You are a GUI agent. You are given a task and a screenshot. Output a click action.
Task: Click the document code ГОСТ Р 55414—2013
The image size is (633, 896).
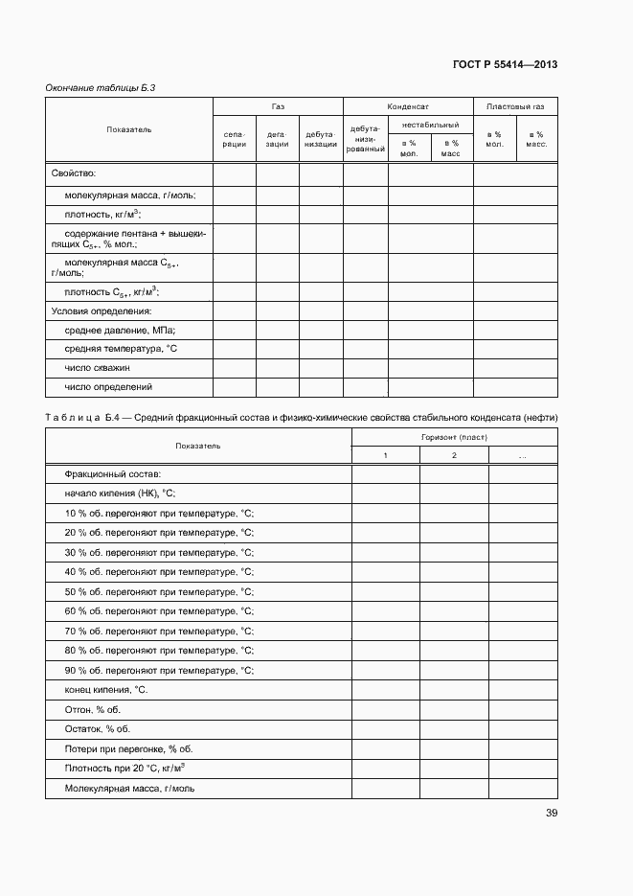tap(505, 64)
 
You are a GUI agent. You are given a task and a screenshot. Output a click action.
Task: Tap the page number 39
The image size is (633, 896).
tap(552, 814)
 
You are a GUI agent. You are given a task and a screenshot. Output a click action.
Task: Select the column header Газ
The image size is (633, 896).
tap(278, 107)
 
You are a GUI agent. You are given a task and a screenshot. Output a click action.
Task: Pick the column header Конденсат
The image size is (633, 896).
tap(407, 107)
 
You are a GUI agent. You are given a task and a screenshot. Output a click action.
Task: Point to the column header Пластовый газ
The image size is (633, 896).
tap(515, 107)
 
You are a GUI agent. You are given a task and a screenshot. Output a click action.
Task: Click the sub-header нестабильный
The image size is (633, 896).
tap(430, 125)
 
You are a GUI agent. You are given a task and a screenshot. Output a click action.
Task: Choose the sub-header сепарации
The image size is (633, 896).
tap(235, 139)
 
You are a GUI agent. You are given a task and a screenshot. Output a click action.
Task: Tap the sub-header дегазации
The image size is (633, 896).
tap(277, 139)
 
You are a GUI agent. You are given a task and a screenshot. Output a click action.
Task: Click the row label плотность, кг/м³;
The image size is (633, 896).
tap(102, 214)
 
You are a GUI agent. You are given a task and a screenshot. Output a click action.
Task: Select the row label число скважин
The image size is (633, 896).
tap(98, 368)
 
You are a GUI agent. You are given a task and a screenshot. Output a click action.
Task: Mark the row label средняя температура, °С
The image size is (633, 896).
tap(122, 349)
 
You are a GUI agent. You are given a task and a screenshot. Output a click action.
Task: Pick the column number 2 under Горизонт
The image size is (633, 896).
tap(454, 454)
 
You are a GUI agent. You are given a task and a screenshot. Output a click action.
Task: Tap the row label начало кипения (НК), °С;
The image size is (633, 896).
tap(120, 494)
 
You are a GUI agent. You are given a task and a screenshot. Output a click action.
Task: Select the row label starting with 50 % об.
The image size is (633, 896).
tap(159, 591)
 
